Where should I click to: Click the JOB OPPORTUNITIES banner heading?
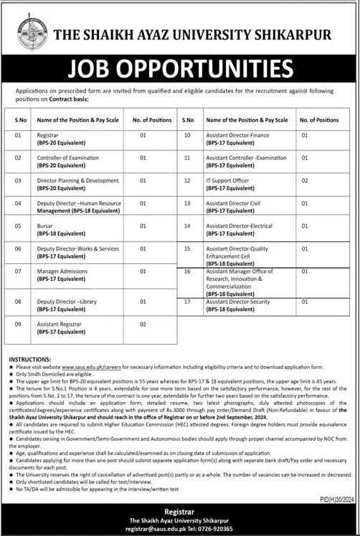[180, 69]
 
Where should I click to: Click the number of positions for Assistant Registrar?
[143, 325]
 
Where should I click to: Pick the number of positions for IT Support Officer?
[305, 181]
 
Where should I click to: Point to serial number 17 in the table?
[187, 302]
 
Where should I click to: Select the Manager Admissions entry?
[62, 272]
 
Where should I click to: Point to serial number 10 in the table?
[187, 135]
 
